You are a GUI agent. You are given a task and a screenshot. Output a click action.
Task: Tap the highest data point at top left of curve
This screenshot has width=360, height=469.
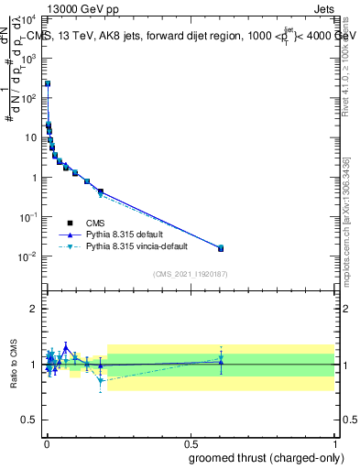tap(47, 83)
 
